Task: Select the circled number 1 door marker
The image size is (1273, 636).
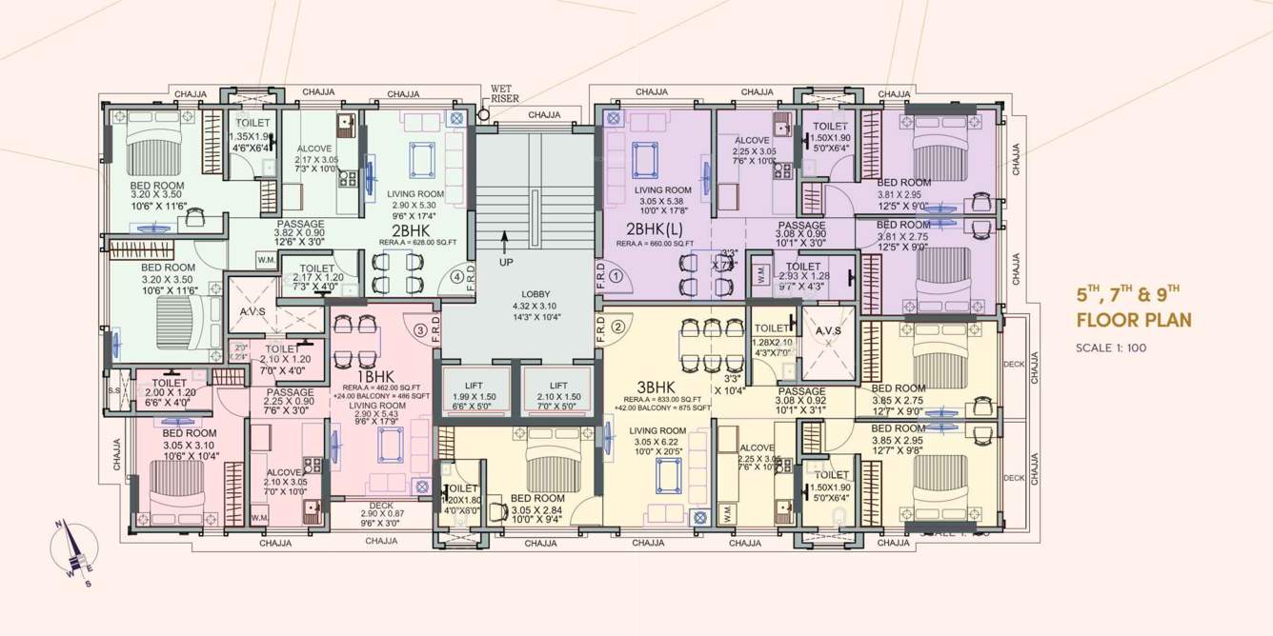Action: point(616,277)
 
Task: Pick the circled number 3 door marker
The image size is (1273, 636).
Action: point(419,330)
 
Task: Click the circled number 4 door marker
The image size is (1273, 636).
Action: point(457,277)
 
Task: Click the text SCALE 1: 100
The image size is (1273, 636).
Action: point(1110,348)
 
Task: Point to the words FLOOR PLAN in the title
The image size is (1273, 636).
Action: point(1134,320)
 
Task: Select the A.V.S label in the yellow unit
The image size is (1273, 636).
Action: point(827,331)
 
